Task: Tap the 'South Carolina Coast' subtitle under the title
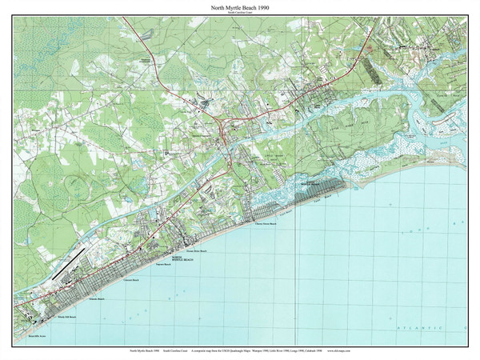(x=240, y=13)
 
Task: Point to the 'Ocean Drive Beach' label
(x=197, y=251)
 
